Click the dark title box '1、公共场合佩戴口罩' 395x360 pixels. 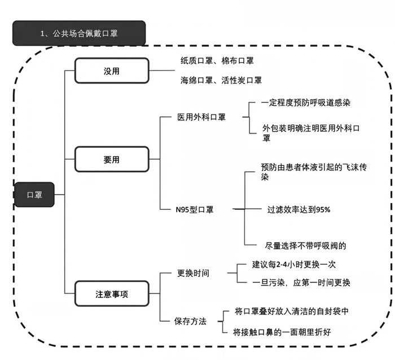(x=78, y=33)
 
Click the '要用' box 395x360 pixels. (x=112, y=159)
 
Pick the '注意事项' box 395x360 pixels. (x=112, y=293)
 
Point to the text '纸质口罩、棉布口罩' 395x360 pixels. (x=217, y=60)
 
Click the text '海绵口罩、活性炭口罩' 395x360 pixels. (x=221, y=81)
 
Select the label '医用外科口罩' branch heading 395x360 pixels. (x=201, y=117)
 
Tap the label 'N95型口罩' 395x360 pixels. (x=194, y=209)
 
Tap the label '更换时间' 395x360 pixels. (x=193, y=273)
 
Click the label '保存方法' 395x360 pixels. (x=191, y=321)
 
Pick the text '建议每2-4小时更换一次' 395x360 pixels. (x=297, y=264)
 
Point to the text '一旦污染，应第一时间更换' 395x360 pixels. (x=302, y=282)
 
